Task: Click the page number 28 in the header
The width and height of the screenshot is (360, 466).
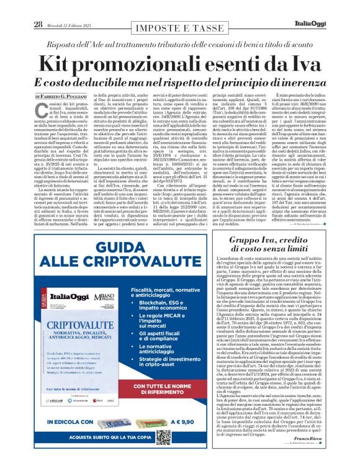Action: [38, 7]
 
